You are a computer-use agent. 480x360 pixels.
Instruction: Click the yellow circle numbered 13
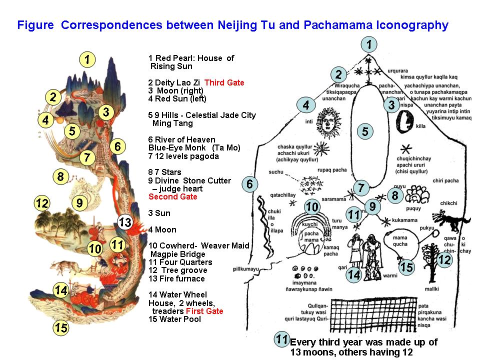(x=125, y=222)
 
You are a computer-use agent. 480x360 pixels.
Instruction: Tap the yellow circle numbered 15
(x=61, y=328)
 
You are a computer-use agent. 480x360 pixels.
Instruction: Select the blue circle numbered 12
(x=444, y=259)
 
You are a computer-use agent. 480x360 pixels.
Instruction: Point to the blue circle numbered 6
(x=250, y=184)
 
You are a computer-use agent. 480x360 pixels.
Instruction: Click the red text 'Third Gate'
(x=224, y=83)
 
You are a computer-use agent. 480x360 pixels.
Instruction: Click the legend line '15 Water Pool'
(x=174, y=319)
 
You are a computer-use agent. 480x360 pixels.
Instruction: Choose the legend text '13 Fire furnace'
(x=176, y=278)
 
